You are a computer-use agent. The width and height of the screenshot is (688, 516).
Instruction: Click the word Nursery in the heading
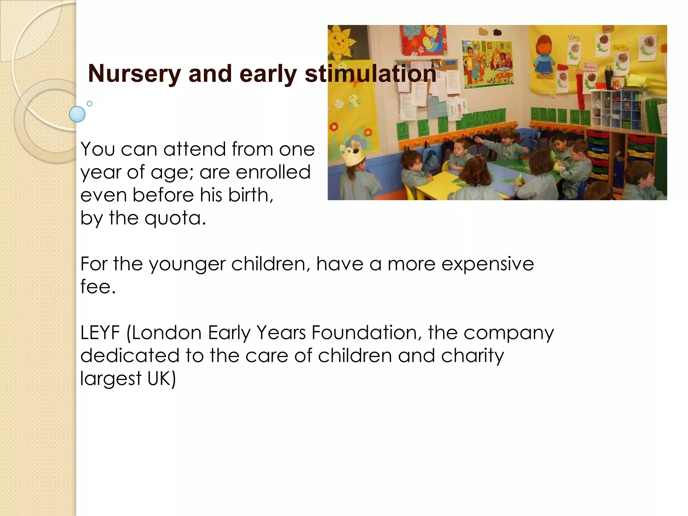coord(134,74)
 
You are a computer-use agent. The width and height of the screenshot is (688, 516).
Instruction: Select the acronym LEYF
coord(100,333)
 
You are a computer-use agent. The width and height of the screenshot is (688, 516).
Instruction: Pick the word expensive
coord(487,264)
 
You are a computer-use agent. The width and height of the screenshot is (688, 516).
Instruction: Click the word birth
coord(251,195)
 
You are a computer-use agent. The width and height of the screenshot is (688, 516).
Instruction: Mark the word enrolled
coord(273,172)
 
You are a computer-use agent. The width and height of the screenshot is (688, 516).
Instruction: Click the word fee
coord(98,287)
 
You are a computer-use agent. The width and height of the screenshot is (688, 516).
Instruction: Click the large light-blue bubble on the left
coord(77,114)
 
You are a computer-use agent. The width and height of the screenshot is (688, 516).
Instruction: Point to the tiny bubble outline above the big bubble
coord(89,103)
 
